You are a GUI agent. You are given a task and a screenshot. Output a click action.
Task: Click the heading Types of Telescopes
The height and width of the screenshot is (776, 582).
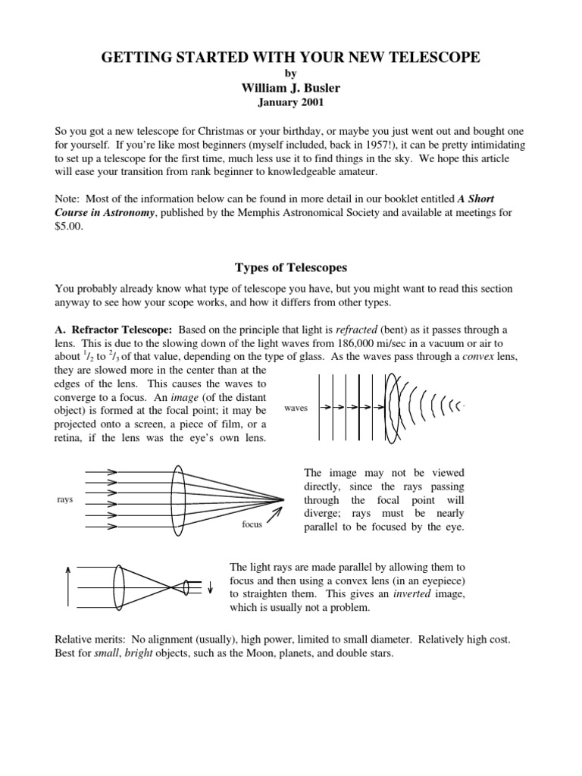pyautogui.click(x=291, y=268)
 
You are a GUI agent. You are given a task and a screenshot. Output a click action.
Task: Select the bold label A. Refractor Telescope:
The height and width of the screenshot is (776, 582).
pyautogui.click(x=115, y=330)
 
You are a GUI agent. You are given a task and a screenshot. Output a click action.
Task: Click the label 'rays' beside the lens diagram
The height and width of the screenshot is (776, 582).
pyautogui.click(x=64, y=499)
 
